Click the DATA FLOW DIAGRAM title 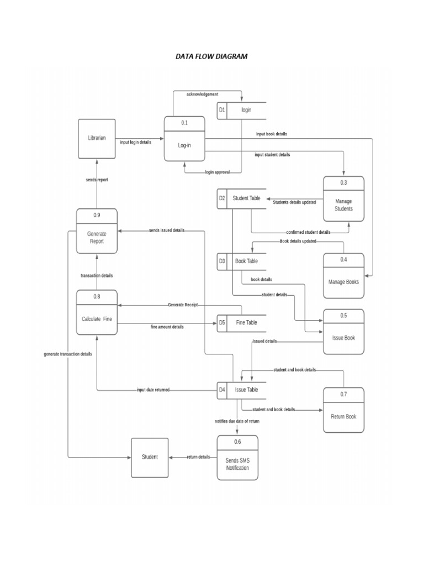click(211, 56)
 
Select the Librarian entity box click(97, 138)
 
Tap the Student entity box click(150, 457)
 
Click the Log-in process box click(184, 139)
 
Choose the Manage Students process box click(343, 199)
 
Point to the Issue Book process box click(343, 332)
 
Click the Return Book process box click(343, 410)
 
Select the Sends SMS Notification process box click(237, 458)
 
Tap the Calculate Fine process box click(97, 313)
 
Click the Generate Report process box click(97, 232)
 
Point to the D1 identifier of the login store click(221, 110)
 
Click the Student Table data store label click(246, 198)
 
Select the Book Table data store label click(246, 261)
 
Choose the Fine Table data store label click(246, 323)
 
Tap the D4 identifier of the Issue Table click(221, 390)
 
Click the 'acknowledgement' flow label click(202, 95)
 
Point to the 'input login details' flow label click(135, 143)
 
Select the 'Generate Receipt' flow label click(183, 305)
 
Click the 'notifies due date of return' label click(237, 421)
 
